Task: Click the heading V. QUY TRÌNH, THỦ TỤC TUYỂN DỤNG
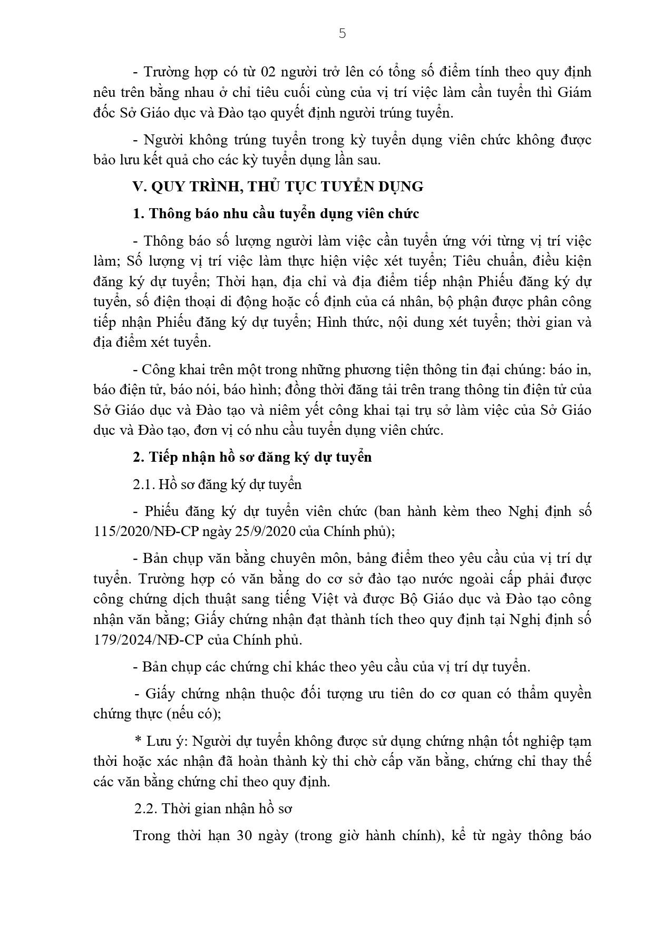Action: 278,187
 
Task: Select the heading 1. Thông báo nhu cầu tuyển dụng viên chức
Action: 276,214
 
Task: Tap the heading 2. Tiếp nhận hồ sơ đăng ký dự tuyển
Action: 252,457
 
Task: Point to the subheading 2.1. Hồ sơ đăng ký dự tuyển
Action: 217,484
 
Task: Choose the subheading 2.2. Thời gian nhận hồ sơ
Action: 213,809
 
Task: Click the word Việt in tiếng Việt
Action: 297,599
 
